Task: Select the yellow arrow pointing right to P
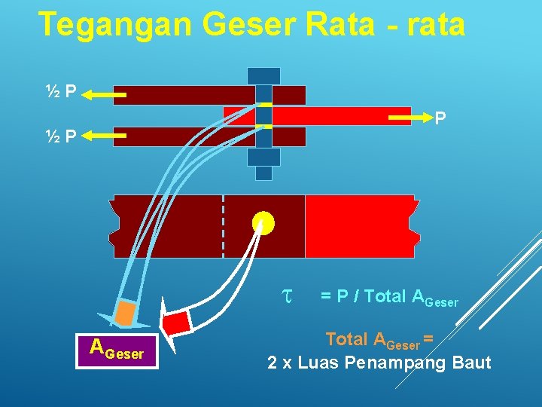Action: pos(410,119)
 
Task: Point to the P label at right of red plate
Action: pos(440,118)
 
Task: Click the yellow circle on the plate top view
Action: pos(263,223)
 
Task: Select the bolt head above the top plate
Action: pos(263,76)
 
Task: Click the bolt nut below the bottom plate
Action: pos(263,157)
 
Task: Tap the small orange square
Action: pos(126,313)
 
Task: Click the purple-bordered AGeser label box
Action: pos(117,350)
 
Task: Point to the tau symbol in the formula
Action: pos(286,296)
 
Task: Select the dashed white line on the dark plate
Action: pos(223,226)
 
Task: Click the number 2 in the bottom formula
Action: pos(273,363)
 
